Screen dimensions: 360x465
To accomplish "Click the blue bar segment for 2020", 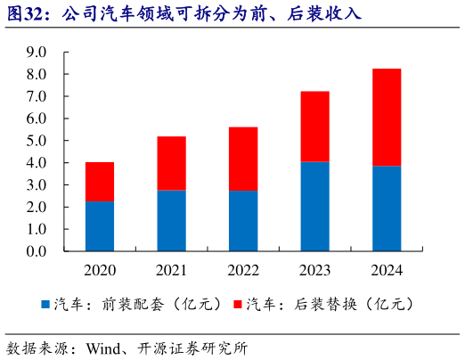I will pos(99,226).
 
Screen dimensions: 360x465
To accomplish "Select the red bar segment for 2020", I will pos(99,182).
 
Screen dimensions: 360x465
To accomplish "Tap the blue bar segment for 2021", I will pos(171,221).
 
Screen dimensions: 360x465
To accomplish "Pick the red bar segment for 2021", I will pos(171,163).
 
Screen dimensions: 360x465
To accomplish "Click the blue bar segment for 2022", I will pos(243,221).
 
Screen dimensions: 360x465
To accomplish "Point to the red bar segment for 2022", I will pos(243,159).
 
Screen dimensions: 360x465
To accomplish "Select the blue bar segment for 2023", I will pos(314,207).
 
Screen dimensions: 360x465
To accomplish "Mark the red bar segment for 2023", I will pos(314,127).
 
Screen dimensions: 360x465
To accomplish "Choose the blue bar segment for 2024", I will pos(386,209).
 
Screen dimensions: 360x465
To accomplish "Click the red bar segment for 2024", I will pos(386,118).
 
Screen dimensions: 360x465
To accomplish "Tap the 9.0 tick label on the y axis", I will pos(37,52).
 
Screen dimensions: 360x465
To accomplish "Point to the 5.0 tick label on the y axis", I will pos(37,141).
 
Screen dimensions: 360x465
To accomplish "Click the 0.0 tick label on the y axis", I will pos(37,252).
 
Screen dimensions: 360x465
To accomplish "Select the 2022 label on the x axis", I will pos(243,270).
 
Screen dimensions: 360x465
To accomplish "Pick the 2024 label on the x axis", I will pos(386,270).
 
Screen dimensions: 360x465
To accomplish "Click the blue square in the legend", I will pos(46,305).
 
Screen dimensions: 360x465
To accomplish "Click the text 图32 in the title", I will pos(25,13).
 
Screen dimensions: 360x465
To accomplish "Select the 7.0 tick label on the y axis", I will pos(37,96).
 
